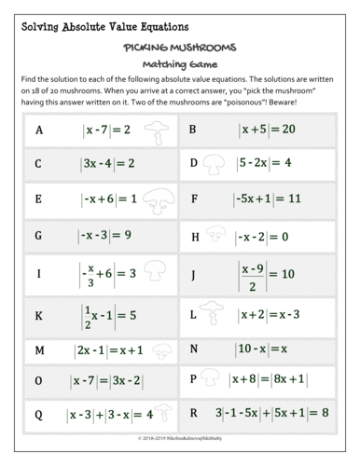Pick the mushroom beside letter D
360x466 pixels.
click(x=215, y=164)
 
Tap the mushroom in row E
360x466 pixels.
click(x=155, y=199)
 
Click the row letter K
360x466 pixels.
click(x=38, y=316)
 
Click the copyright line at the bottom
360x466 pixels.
click(x=179, y=436)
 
